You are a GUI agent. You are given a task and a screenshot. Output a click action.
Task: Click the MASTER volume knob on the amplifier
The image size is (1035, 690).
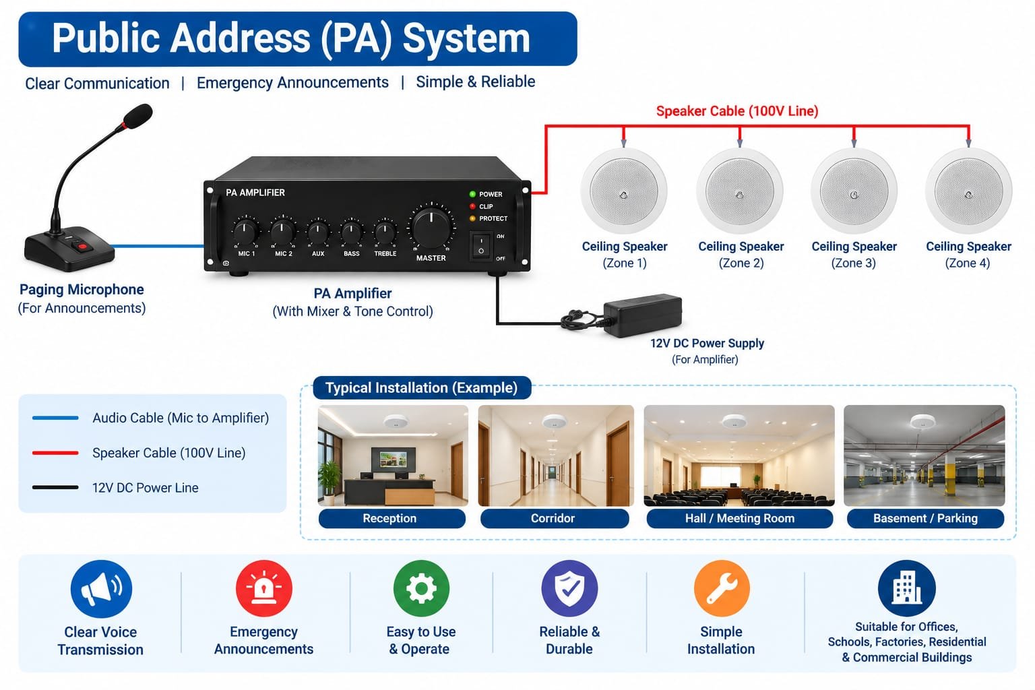(x=431, y=227)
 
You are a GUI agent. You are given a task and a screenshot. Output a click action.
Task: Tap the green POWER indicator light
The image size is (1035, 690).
(x=472, y=194)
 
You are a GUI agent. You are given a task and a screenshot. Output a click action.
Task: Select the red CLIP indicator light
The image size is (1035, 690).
(x=472, y=206)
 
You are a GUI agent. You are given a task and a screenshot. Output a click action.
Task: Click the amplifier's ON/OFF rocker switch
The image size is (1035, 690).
(x=481, y=245)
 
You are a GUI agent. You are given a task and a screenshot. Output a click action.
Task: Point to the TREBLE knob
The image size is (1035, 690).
(x=385, y=232)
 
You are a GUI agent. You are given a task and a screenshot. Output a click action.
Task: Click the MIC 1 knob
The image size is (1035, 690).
(x=245, y=231)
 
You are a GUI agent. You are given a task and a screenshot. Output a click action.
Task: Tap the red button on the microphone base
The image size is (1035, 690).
(x=82, y=247)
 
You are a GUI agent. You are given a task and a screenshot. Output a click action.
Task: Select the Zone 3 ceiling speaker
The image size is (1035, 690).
(x=854, y=191)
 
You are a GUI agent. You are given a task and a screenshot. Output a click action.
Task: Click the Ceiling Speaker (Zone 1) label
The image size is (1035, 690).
(x=624, y=255)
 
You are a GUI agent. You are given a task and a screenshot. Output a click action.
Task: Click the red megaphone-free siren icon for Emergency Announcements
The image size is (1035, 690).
(x=264, y=588)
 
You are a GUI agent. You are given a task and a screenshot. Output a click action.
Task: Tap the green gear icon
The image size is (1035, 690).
(x=421, y=588)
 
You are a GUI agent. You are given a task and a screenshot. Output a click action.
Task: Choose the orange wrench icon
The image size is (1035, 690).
(x=722, y=588)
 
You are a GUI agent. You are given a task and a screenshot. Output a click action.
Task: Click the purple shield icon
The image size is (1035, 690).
(x=569, y=588)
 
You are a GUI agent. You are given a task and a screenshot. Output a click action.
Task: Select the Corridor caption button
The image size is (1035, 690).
(x=555, y=519)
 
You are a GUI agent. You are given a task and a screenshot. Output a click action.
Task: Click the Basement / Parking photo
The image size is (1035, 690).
(x=924, y=456)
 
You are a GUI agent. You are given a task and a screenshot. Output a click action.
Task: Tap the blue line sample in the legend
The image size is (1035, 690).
(x=55, y=418)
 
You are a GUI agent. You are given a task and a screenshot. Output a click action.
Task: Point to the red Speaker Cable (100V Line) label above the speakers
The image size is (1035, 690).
(x=737, y=111)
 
